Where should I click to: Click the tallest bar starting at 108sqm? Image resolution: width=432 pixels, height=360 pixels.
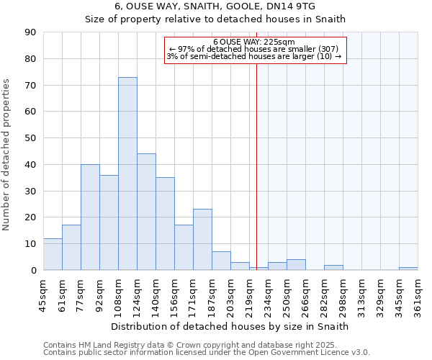coord(127,174)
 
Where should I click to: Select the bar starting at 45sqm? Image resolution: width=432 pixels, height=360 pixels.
coord(53,254)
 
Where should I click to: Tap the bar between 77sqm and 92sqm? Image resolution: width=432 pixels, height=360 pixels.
coord(90,217)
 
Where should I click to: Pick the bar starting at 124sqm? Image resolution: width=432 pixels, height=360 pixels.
coord(146,212)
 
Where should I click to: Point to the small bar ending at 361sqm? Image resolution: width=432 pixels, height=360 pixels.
coord(408,269)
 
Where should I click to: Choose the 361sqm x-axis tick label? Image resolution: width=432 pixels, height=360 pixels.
coord(418,295)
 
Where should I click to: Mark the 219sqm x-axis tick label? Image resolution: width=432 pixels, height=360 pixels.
coord(249,295)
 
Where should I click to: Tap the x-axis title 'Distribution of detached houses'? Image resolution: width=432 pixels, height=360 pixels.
coord(230,326)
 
